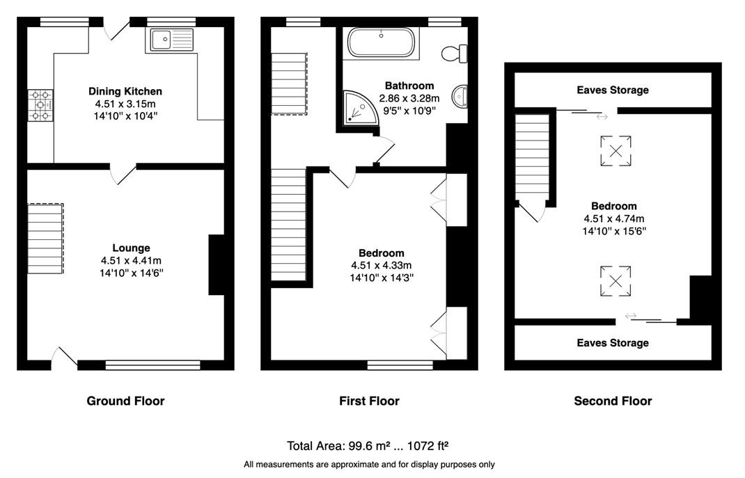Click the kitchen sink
pyautogui.click(x=172, y=40)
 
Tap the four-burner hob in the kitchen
pyautogui.click(x=40, y=105)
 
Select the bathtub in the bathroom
pyautogui.click(x=381, y=42)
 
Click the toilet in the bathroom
pyautogui.click(x=455, y=53)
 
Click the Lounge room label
pyautogui.click(x=131, y=248)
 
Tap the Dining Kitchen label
pyautogui.click(x=125, y=91)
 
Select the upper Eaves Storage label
pyautogui.click(x=613, y=90)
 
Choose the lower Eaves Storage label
pyautogui.click(x=613, y=343)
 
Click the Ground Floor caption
pyautogui.click(x=125, y=401)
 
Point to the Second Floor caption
pyautogui.click(x=613, y=401)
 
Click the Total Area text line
pyautogui.click(x=368, y=446)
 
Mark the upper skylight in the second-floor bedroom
pyautogui.click(x=615, y=151)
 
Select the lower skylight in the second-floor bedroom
pyautogui.click(x=615, y=281)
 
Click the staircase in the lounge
pyautogui.click(x=45, y=238)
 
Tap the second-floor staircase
pyautogui.click(x=533, y=157)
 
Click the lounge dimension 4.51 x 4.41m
pyautogui.click(x=131, y=261)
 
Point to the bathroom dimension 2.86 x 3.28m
pyautogui.click(x=409, y=98)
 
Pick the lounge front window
pyautogui.click(x=153, y=365)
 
